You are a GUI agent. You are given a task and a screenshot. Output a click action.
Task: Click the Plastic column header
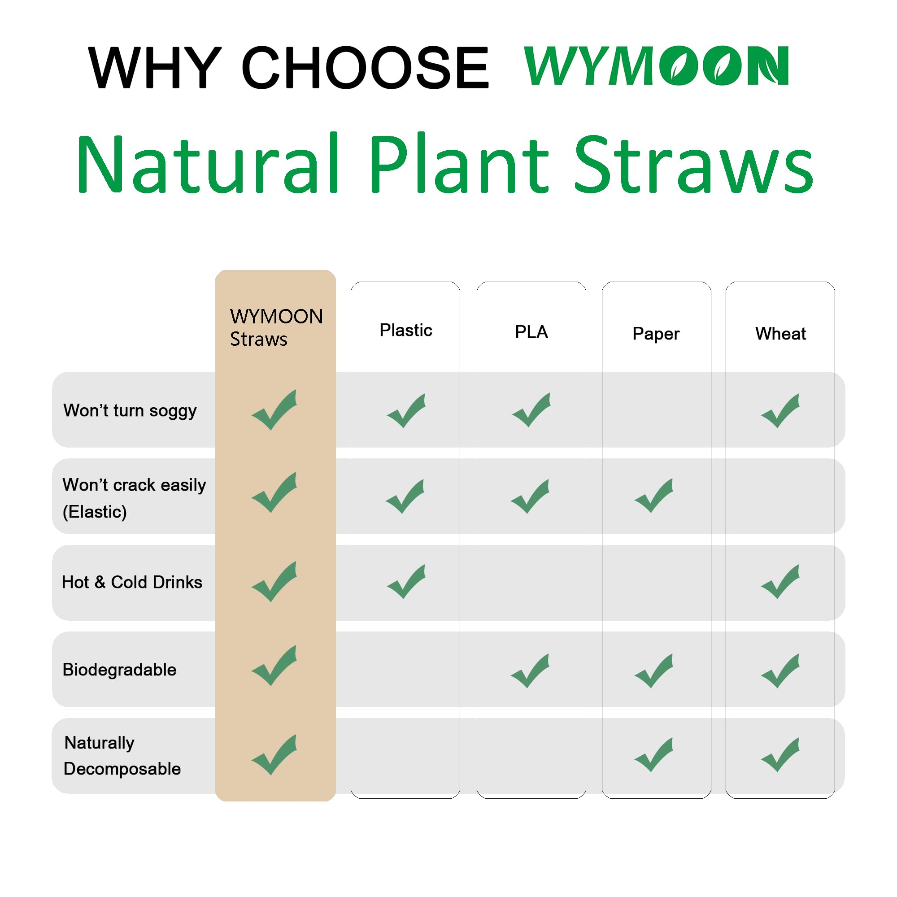coord(406,330)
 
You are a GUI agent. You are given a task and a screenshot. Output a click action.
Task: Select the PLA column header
coord(531,332)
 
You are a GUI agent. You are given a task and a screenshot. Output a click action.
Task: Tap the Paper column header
coord(656,334)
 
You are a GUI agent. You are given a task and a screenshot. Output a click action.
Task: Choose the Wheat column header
coord(780,334)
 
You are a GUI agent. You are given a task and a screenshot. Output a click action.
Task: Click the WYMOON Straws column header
coord(276,327)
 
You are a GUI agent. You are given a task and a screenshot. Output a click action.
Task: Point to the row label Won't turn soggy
coord(130,410)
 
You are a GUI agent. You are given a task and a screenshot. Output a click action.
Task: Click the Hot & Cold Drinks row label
coord(132,582)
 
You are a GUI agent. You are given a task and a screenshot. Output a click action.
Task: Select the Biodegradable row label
coord(119,670)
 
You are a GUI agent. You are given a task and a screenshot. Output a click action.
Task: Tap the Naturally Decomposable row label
coord(122,755)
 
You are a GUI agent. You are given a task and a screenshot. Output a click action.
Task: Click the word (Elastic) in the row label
coord(95,512)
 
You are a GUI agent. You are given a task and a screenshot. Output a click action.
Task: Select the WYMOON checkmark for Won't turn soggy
coord(274,410)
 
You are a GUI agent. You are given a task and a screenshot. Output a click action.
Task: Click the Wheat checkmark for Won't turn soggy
coord(780,411)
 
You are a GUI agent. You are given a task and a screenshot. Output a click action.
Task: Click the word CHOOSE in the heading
coord(365,67)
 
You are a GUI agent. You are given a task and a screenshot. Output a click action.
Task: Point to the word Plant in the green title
coord(460,163)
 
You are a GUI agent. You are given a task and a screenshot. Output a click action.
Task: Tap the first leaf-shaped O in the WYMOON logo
coord(678,65)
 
